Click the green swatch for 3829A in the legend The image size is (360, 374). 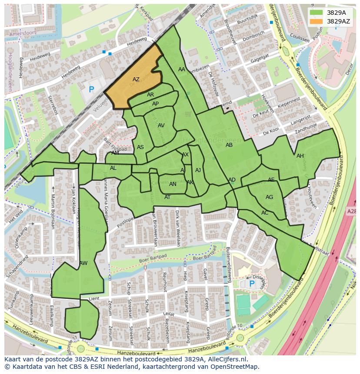pos(317,13)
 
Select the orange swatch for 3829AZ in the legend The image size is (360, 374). pos(317,21)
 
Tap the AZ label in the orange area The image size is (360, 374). pos(136,79)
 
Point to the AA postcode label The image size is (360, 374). pos(182,70)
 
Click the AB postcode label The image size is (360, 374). pos(229,145)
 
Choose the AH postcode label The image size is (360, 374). pos(300,156)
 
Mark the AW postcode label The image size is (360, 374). pos(83,263)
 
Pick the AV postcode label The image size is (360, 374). pos(161,126)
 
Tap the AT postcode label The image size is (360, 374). pos(167,197)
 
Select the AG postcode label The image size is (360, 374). pos(269,197)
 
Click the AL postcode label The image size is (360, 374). pos(113,168)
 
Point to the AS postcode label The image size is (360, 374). pos(140,147)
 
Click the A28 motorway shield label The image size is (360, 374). pos(352,211)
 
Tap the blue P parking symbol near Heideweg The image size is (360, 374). pos(91,90)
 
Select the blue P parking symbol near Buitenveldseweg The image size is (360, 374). pos(251,284)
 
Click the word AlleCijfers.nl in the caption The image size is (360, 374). pos(226,359)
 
